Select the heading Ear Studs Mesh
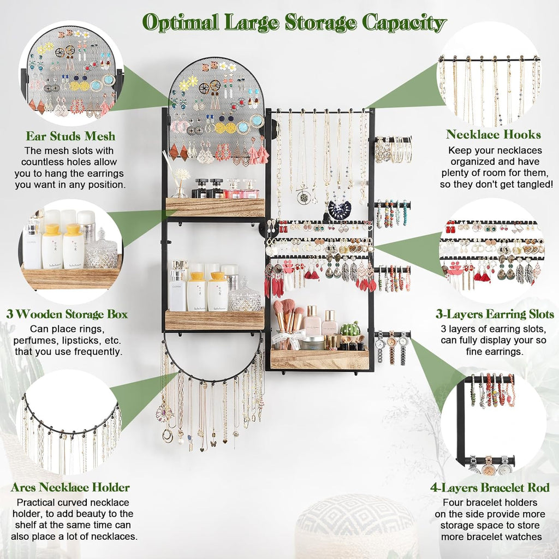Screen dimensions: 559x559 pos(70,136)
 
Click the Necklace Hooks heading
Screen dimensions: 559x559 pos(493,134)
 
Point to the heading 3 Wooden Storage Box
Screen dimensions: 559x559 pos(67,314)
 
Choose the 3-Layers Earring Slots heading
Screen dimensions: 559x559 pos(495,314)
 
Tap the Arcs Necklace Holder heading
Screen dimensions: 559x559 pos(70,487)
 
